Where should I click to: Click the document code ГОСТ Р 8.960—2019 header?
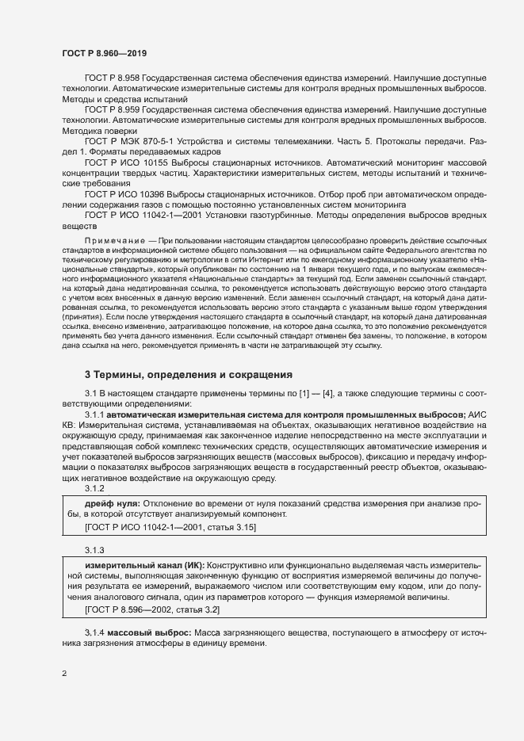(104, 52)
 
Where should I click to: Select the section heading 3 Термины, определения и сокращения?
(189, 374)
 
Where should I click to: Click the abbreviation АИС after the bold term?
(480, 414)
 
